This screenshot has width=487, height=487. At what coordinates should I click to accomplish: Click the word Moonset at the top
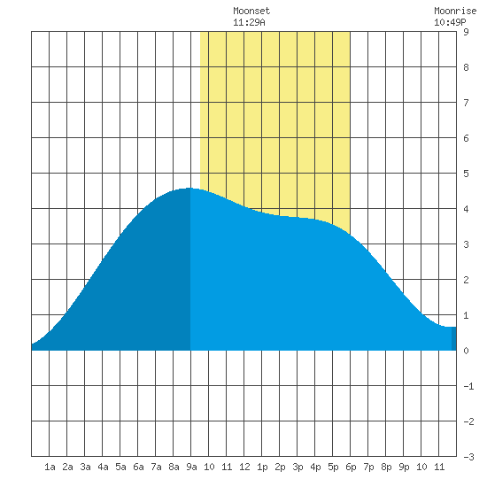tap(251, 11)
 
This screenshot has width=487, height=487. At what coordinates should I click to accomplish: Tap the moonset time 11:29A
tap(249, 22)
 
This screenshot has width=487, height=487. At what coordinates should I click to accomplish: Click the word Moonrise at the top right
tap(455, 11)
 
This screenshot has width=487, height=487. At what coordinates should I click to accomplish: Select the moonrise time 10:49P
tap(450, 22)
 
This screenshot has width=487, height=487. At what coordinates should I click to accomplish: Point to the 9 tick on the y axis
tap(466, 32)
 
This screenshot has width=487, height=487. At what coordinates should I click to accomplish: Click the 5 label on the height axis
tap(466, 174)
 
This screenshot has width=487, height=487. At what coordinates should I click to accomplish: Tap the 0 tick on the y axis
tap(466, 351)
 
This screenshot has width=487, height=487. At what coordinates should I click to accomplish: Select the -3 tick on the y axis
tap(468, 457)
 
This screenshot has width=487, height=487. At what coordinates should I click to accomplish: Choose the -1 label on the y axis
tap(468, 386)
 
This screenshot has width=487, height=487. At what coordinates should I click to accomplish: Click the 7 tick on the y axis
tap(466, 103)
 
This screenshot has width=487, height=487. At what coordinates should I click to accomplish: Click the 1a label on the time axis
tap(50, 467)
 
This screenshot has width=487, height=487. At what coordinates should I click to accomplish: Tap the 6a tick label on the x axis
tap(138, 467)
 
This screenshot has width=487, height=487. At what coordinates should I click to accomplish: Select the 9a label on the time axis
tap(191, 467)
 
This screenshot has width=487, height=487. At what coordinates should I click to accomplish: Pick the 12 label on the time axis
tap(244, 467)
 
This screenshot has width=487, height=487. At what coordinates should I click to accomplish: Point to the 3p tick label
tap(298, 467)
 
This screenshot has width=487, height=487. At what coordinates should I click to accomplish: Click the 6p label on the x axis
tap(351, 467)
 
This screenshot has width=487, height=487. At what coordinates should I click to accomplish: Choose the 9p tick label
tap(404, 467)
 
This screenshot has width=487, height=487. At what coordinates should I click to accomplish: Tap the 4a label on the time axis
tap(103, 467)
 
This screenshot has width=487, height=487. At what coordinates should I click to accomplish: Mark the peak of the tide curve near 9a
tap(189, 188)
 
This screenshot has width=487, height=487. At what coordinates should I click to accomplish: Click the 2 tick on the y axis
tap(466, 280)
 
